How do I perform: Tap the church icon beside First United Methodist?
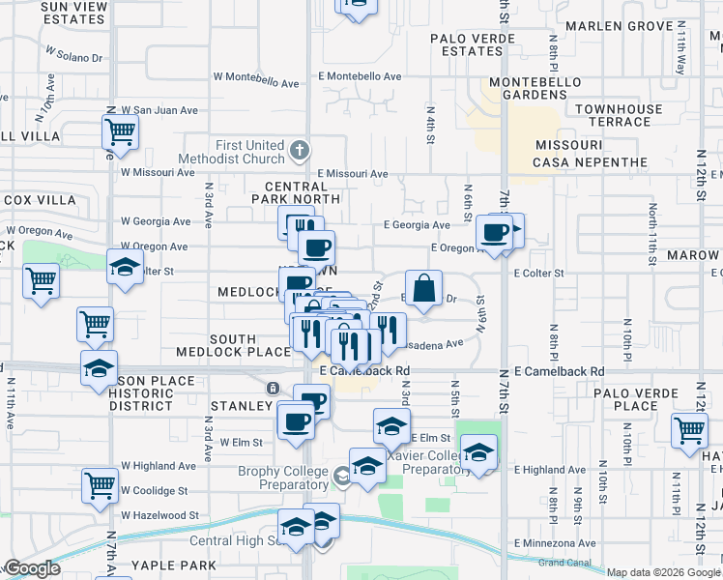click(x=300, y=151)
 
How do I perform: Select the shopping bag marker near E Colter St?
click(x=423, y=289)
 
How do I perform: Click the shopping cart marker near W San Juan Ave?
click(x=120, y=132)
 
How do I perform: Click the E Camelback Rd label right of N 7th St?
click(x=559, y=371)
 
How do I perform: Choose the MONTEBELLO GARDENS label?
click(x=528, y=88)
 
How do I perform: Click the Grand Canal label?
click(x=564, y=562)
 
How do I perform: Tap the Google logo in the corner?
click(x=33, y=569)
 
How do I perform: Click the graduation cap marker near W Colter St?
click(x=126, y=267)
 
